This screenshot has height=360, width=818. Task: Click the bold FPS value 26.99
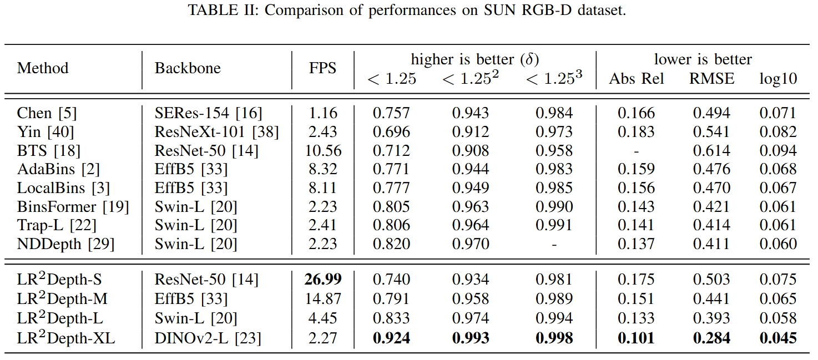click(323, 280)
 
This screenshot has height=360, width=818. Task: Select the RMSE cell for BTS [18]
click(711, 150)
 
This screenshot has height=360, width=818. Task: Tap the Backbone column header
click(188, 68)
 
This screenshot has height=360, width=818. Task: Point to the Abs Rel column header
click(636, 79)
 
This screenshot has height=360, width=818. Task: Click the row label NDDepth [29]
click(65, 244)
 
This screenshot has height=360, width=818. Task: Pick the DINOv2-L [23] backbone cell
click(208, 338)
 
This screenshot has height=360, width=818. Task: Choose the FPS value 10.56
click(323, 150)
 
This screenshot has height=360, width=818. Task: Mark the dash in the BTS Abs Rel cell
click(636, 151)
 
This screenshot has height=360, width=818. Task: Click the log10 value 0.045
click(778, 338)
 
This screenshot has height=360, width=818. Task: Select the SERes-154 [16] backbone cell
click(209, 113)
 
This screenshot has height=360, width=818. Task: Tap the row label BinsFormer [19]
click(73, 207)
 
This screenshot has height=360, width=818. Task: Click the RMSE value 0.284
click(711, 338)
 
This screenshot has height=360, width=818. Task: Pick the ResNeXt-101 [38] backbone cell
click(216, 132)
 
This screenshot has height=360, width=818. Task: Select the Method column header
click(43, 68)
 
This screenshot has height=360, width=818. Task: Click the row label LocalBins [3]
click(63, 188)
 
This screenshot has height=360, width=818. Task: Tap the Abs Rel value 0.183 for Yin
click(636, 132)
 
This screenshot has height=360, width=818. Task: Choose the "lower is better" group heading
click(703, 59)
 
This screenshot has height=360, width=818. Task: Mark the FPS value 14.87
click(323, 298)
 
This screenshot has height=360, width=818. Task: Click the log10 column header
click(778, 79)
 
